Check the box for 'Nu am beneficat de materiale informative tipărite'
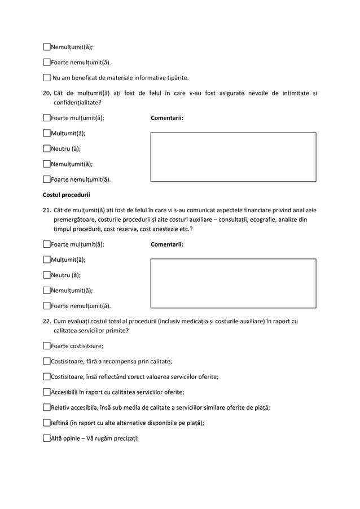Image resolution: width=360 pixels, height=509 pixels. pyautogui.click(x=47, y=77)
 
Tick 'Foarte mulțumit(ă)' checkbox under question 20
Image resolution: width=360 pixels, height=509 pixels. pyautogui.click(x=47, y=119)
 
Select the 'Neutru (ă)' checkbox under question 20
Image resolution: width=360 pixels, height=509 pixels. pyautogui.click(x=47, y=149)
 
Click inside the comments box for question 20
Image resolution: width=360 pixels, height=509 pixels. pyautogui.click(x=233, y=157)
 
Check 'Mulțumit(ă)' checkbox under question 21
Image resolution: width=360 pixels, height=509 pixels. pyautogui.click(x=47, y=260)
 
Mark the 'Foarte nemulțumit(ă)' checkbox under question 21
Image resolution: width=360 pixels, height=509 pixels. pyautogui.click(x=47, y=306)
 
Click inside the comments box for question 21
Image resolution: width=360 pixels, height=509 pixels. pyautogui.click(x=233, y=283)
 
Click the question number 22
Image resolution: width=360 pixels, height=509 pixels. pyautogui.click(x=47, y=322)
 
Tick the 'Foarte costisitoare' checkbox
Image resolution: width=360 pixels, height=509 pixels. pyautogui.click(x=47, y=346)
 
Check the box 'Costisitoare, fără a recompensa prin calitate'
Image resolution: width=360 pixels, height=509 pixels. pyautogui.click(x=47, y=361)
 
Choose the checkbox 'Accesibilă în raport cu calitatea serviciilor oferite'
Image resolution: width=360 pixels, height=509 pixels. pyautogui.click(x=47, y=392)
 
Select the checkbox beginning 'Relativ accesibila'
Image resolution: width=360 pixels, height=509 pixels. pyautogui.click(x=47, y=407)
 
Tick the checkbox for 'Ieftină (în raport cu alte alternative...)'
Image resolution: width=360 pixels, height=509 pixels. pyautogui.click(x=47, y=422)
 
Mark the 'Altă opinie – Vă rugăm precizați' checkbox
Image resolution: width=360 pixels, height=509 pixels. pyautogui.click(x=47, y=438)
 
